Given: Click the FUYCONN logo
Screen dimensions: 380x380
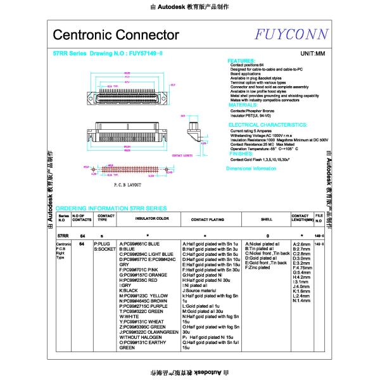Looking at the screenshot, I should click(292, 34).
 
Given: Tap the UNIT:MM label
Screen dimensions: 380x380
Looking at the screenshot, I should click(312, 54).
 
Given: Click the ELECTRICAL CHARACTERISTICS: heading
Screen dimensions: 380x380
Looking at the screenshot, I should click(267, 125).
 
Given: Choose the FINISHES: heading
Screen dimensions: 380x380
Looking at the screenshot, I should click(240, 153).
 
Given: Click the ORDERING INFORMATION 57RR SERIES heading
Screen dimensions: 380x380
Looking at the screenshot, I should click(111, 208).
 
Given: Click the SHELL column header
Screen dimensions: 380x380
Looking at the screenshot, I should click(267, 218).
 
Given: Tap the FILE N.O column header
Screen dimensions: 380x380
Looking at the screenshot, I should click(319, 218).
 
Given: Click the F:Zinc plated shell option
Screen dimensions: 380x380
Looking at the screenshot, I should click(258, 268).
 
